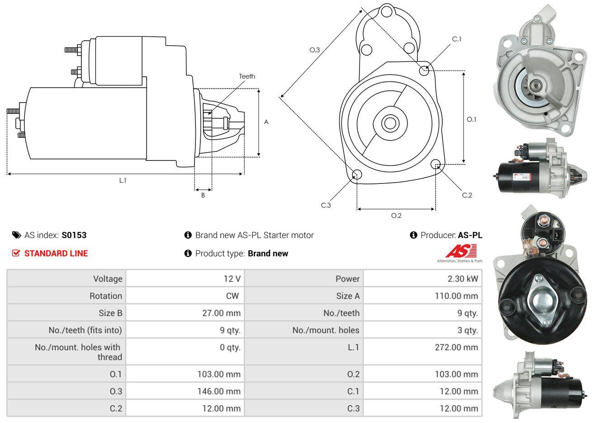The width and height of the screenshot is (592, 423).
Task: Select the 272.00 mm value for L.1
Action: [458, 347]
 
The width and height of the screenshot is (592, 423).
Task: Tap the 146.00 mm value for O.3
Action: [219, 391]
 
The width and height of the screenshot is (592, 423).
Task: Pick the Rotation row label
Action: [106, 296]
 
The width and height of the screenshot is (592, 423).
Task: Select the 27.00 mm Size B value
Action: [221, 313]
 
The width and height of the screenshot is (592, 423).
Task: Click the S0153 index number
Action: [74, 235]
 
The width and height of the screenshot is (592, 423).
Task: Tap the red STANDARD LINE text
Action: [56, 253]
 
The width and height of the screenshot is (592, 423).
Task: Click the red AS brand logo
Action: [461, 251]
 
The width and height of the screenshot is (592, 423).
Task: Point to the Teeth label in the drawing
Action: [247, 76]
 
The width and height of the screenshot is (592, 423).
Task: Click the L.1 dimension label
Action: [123, 180]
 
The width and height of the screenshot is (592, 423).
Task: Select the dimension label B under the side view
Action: [203, 195]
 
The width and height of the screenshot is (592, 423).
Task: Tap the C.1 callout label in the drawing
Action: [457, 39]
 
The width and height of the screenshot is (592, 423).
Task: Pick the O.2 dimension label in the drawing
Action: [396, 216]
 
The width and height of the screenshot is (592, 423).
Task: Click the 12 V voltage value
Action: [232, 278]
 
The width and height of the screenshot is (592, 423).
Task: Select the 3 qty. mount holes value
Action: [467, 330]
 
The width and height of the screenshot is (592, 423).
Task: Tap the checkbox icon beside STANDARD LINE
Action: [16, 253]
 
